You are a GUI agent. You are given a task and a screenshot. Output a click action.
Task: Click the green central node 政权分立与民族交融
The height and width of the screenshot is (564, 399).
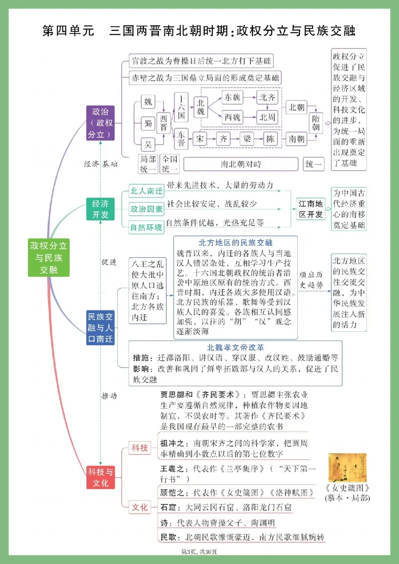click(x=48, y=258)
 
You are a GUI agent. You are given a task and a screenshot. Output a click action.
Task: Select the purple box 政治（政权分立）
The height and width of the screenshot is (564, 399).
click(x=100, y=123)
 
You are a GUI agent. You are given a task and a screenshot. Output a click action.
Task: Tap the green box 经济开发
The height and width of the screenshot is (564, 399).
click(x=100, y=209)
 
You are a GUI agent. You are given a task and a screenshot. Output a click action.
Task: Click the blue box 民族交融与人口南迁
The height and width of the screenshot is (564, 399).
click(x=100, y=328)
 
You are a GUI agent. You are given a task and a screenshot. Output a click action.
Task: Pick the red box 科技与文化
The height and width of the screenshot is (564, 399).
click(x=100, y=477)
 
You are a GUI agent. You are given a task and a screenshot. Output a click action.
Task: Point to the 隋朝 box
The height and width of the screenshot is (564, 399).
click(x=316, y=123)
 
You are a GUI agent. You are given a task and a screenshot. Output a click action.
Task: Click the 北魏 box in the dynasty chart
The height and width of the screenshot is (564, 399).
click(x=201, y=107)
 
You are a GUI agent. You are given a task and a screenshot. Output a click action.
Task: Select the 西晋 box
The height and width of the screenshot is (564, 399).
click(x=164, y=123)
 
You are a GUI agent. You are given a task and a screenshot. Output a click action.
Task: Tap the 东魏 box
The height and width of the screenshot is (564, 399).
click(x=232, y=98)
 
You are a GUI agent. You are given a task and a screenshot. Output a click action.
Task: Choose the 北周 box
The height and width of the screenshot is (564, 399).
click(x=267, y=118)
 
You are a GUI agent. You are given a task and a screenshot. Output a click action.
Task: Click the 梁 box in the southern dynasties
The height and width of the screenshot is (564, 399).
click(x=247, y=139)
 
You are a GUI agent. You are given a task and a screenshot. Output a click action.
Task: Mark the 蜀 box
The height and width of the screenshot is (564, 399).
click(x=148, y=123)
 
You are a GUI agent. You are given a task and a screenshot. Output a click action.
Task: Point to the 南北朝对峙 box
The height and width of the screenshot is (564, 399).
click(x=241, y=164)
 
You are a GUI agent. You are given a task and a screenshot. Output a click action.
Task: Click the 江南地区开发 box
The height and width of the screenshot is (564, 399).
click(x=311, y=209)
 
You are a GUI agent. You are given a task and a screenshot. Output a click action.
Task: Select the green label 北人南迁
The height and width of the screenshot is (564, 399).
click(x=146, y=191)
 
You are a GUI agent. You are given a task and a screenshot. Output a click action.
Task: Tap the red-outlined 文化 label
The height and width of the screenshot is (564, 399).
click(x=140, y=507)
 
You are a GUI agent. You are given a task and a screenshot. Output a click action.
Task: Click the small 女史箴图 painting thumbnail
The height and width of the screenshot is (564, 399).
click(x=347, y=468)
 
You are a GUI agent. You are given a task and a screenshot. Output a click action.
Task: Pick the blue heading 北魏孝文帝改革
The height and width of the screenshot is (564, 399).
click(x=235, y=347)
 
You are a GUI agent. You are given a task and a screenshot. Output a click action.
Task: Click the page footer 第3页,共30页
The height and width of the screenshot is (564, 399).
click(x=199, y=552)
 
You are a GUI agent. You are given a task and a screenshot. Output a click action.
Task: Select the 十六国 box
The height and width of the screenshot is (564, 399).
click(x=181, y=107)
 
